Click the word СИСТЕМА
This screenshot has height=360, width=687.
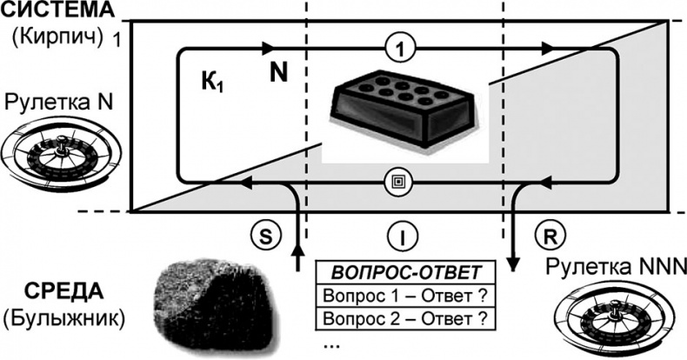coord(57,10)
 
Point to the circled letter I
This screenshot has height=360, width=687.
coord(403,237)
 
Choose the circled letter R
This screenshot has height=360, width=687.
coord(550,237)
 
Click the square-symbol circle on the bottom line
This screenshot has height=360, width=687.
coord(398,182)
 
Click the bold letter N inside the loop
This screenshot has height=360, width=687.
coord(278,73)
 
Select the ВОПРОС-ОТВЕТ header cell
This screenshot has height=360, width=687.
coord(405,272)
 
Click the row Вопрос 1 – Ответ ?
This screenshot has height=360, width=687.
coord(405,295)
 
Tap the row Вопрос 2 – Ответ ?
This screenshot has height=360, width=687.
coord(405,318)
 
